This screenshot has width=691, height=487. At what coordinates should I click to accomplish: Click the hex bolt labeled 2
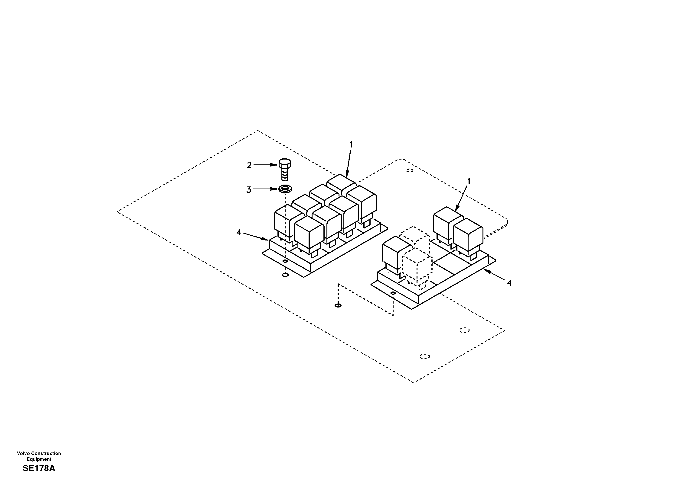point(285,170)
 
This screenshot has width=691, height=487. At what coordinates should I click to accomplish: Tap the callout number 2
point(249,165)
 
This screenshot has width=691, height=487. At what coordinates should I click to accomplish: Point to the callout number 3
point(249,190)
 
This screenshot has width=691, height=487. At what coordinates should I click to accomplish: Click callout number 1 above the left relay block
point(351,145)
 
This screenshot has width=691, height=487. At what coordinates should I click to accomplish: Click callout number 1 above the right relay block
point(469,181)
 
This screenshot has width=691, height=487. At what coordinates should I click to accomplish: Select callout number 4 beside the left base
point(239,232)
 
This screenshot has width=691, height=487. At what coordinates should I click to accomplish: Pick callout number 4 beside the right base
point(509,283)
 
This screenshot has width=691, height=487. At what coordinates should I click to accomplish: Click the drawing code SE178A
point(39,468)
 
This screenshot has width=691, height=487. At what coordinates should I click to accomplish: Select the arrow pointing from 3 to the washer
point(265,189)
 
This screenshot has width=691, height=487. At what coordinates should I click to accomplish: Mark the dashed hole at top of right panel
point(409,171)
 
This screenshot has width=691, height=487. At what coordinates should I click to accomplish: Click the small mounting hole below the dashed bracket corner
point(338,305)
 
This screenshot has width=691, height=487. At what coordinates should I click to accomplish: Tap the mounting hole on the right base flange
point(393,293)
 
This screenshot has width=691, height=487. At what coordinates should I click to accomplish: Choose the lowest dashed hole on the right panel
point(425,356)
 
